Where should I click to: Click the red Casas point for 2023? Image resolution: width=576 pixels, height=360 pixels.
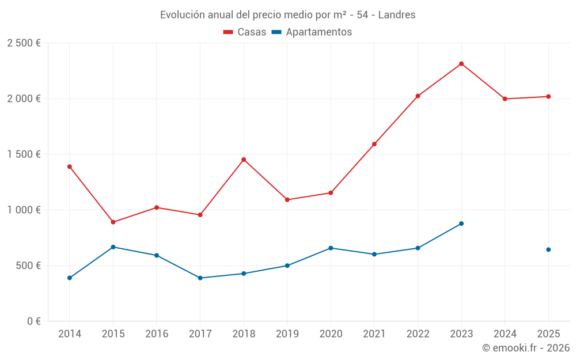(x=461, y=64)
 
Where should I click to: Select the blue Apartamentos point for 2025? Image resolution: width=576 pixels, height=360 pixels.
(x=548, y=249)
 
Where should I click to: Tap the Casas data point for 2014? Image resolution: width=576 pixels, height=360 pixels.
(x=70, y=166)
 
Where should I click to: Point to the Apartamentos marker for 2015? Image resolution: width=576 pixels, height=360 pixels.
(x=113, y=247)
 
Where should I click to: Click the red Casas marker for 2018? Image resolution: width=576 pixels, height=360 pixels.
(x=244, y=160)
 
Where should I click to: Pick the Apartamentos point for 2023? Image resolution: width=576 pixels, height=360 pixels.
(x=461, y=223)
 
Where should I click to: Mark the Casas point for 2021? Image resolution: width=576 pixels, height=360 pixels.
(x=374, y=144)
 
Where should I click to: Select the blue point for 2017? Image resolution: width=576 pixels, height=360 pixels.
(x=200, y=278)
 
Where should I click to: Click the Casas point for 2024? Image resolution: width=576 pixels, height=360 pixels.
(x=505, y=99)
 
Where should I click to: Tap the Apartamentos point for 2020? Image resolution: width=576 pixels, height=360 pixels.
(x=331, y=248)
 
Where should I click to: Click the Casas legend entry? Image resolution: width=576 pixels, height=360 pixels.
(x=245, y=32)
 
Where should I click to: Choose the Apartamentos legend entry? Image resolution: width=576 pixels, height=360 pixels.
(x=312, y=32)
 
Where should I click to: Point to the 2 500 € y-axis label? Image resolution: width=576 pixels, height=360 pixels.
(x=24, y=43)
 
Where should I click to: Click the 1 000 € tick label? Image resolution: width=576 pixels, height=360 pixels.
(x=24, y=210)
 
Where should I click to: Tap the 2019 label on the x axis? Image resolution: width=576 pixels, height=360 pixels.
(x=287, y=334)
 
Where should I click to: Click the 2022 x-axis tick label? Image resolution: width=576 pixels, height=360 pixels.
(x=418, y=334)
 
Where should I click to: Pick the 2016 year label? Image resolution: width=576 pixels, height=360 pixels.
(x=157, y=334)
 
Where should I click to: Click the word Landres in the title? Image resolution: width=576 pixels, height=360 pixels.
(x=397, y=15)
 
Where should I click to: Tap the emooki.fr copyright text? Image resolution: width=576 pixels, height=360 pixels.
(x=526, y=348)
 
